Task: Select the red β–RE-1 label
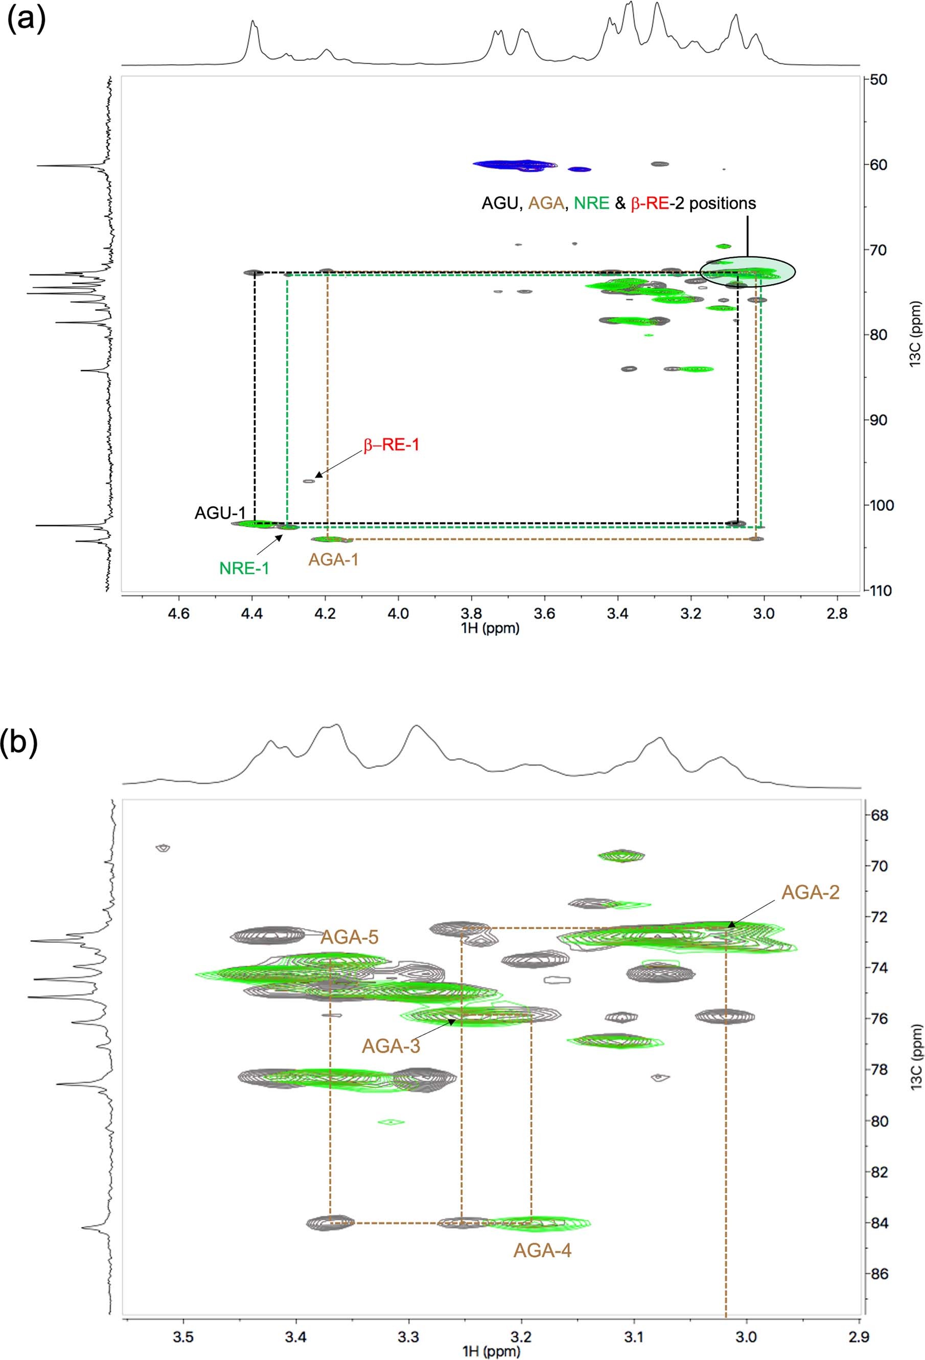tap(391, 445)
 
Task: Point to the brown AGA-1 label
tap(334, 559)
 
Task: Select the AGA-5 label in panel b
tap(349, 937)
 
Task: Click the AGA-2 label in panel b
tap(811, 892)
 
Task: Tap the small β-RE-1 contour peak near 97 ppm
tap(308, 481)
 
